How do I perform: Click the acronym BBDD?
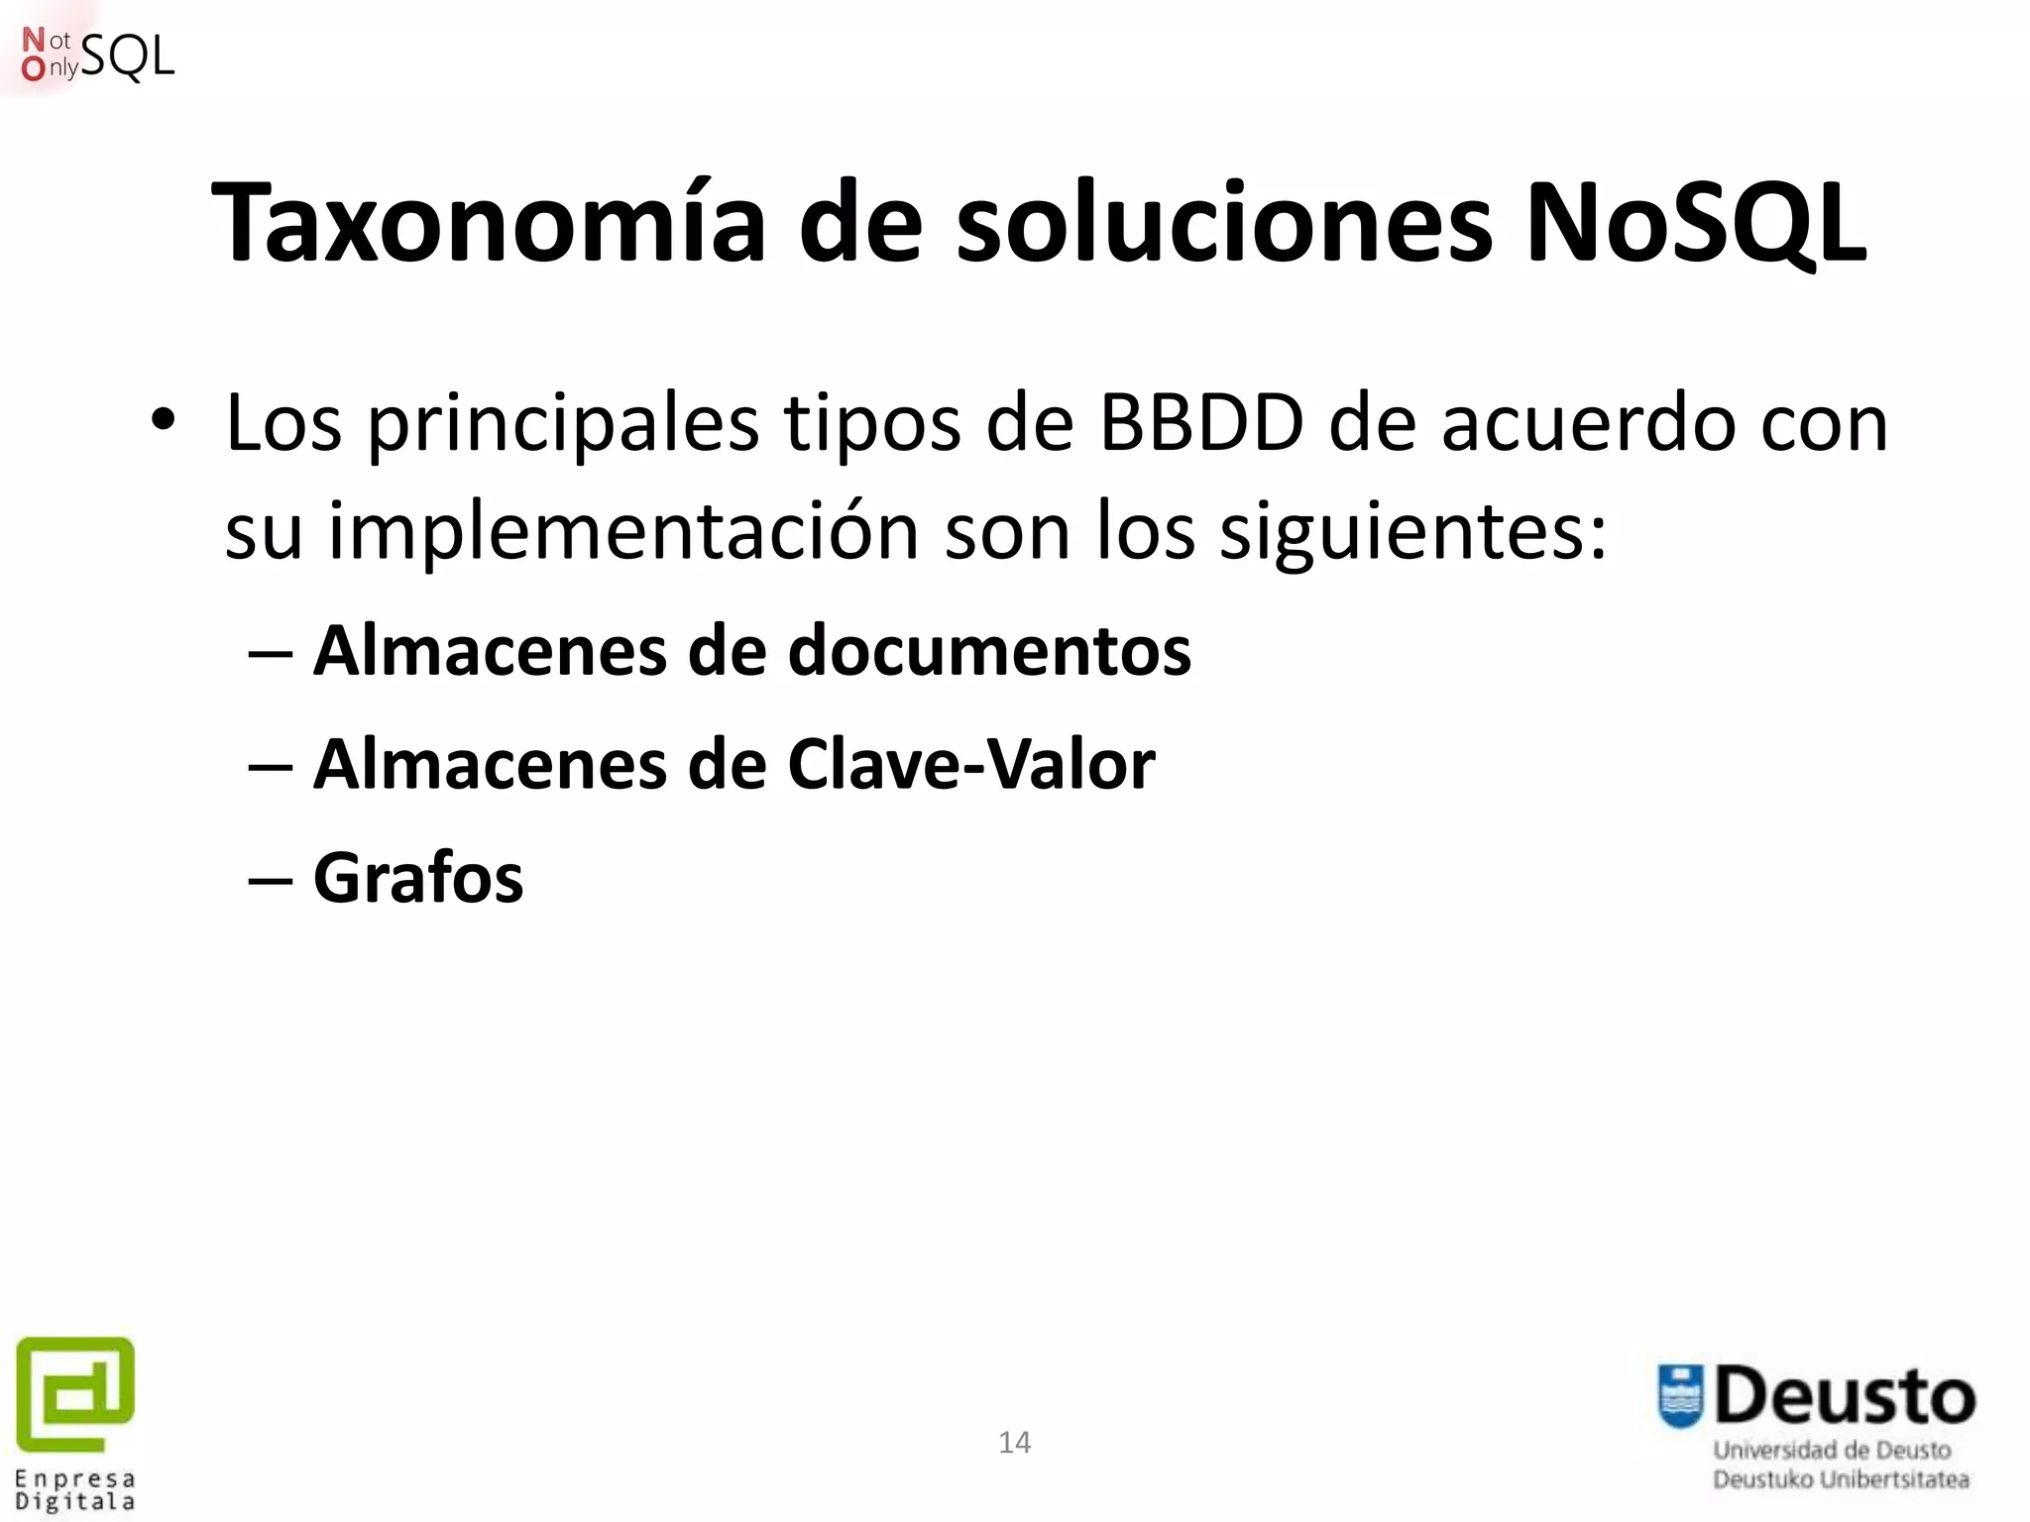1201,424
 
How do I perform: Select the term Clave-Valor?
970,765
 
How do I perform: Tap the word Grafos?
418,879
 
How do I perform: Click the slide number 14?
1014,1443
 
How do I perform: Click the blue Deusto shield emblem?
1681,1396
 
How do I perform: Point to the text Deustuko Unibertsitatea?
1841,1479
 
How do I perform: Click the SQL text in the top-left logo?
128,56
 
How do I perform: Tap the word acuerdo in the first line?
1589,424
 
